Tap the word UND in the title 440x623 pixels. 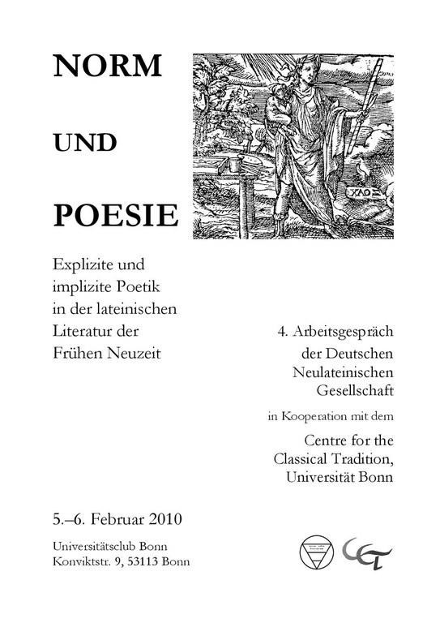pyautogui.click(x=85, y=143)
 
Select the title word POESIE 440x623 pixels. pyautogui.click(x=114, y=214)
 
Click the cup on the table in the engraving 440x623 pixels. pyautogui.click(x=233, y=164)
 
